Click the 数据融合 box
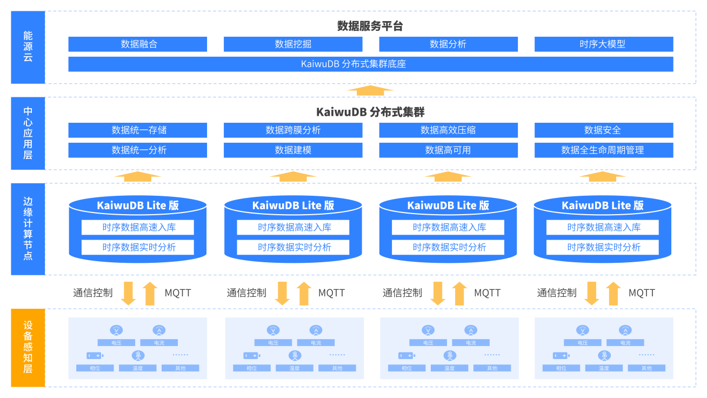(138, 44)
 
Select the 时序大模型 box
(604, 44)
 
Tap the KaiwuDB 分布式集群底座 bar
(371, 64)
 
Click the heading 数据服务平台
(370, 26)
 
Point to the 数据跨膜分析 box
(293, 130)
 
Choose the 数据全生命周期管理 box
(604, 150)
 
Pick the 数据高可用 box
(449, 150)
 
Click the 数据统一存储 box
(138, 130)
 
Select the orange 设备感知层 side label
(28, 348)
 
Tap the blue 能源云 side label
(28, 48)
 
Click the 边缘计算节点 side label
(28, 229)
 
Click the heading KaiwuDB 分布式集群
(370, 112)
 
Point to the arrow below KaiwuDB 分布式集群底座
(370, 90)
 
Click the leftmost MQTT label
(178, 293)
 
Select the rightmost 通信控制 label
(557, 293)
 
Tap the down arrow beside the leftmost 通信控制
(129, 294)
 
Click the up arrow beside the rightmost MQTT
(613, 294)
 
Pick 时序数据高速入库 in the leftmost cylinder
(138, 228)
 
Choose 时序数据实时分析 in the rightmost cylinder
(603, 247)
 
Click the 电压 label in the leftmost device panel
(116, 343)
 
